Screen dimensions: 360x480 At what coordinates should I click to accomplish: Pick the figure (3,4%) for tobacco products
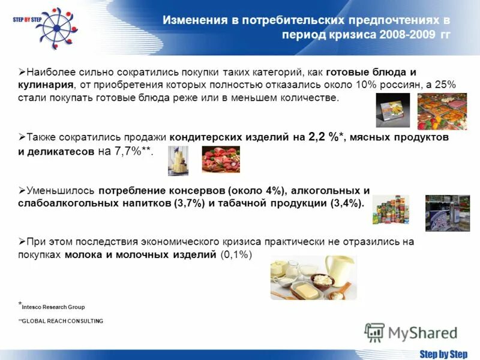click(346, 203)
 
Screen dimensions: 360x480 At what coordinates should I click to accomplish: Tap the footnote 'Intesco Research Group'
click(53, 307)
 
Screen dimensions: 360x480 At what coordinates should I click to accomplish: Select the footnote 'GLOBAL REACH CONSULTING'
click(62, 321)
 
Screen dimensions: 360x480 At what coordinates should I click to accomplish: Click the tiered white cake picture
click(178, 160)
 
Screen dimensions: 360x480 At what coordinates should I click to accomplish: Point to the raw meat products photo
click(220, 159)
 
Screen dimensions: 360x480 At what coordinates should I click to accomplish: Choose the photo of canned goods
click(391, 210)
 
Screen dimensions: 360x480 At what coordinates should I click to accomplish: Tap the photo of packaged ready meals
click(442, 112)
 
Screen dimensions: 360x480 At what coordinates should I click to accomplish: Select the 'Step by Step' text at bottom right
click(443, 354)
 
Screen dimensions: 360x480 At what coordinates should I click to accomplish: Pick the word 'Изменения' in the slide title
click(195, 20)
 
